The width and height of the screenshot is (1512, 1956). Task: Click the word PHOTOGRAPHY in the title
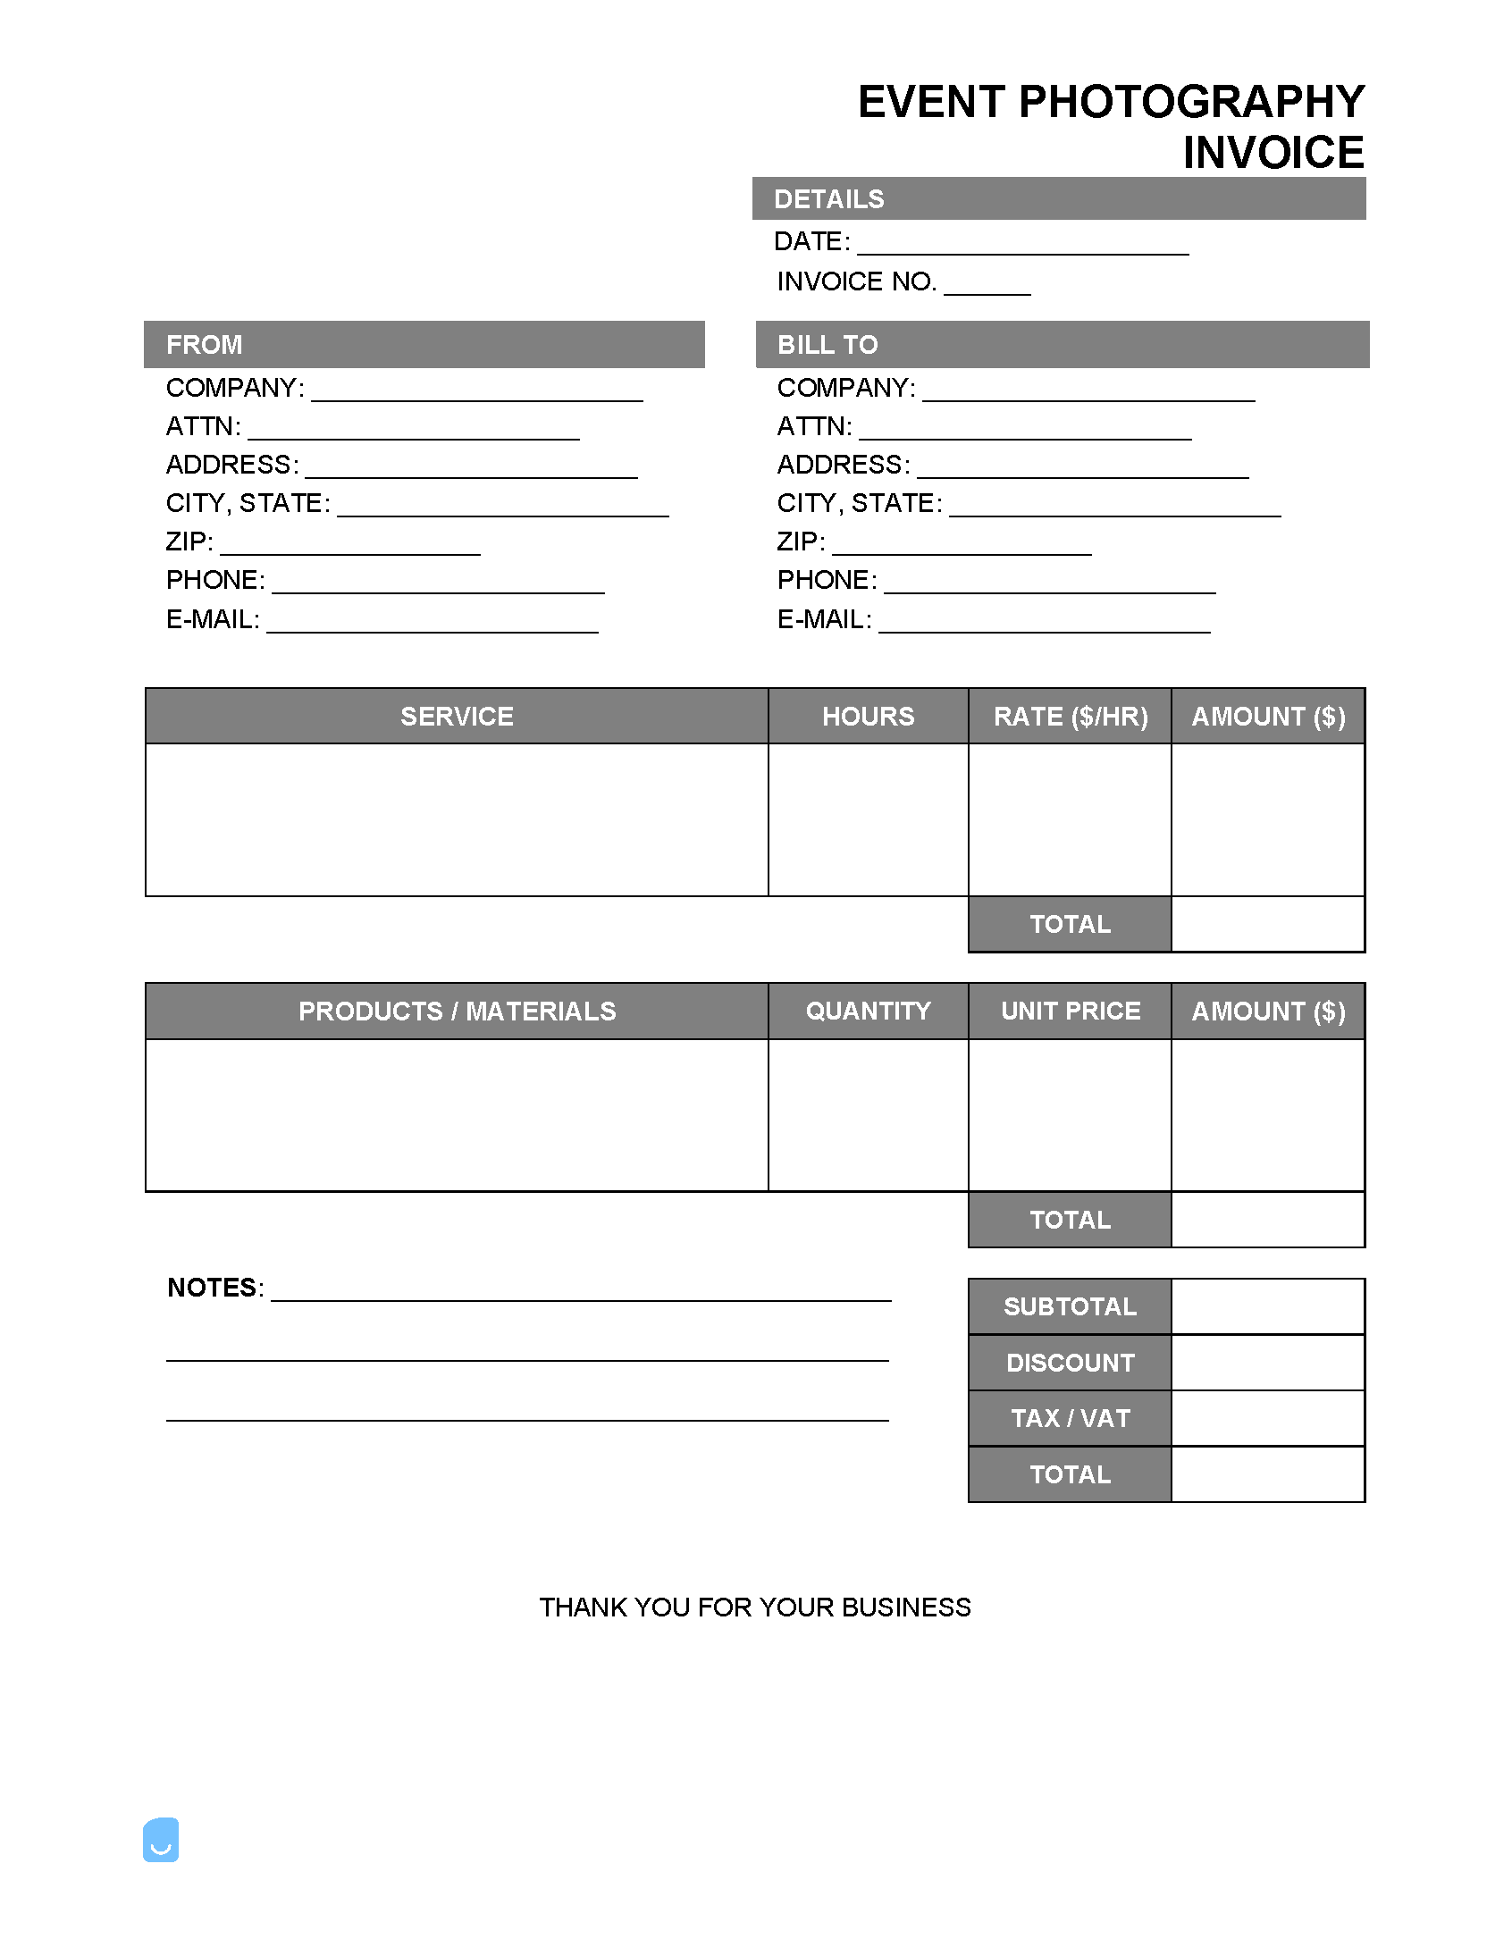click(x=1191, y=102)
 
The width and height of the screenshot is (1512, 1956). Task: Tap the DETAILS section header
click(x=828, y=199)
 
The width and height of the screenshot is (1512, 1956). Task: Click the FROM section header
click(x=205, y=345)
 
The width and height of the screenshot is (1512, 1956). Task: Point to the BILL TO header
click(x=827, y=345)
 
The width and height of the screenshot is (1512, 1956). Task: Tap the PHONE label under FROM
click(x=215, y=580)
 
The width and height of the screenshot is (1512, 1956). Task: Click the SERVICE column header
click(x=457, y=717)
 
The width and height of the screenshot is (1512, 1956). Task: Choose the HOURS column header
click(x=868, y=717)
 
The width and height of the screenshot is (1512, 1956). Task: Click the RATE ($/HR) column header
click(x=1071, y=717)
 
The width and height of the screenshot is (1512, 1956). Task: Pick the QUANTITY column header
click(x=868, y=1012)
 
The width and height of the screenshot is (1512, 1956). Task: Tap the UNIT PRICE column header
click(x=1071, y=1012)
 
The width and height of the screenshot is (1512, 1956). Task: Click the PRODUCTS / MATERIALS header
click(x=457, y=1012)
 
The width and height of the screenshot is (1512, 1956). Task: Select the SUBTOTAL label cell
click(x=1071, y=1306)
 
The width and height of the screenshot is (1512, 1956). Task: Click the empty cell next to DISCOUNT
click(x=1267, y=1362)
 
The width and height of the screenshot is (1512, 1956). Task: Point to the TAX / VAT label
click(x=1071, y=1419)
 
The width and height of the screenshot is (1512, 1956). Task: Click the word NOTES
click(x=212, y=1288)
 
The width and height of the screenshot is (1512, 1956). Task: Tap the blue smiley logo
click(x=161, y=1840)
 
